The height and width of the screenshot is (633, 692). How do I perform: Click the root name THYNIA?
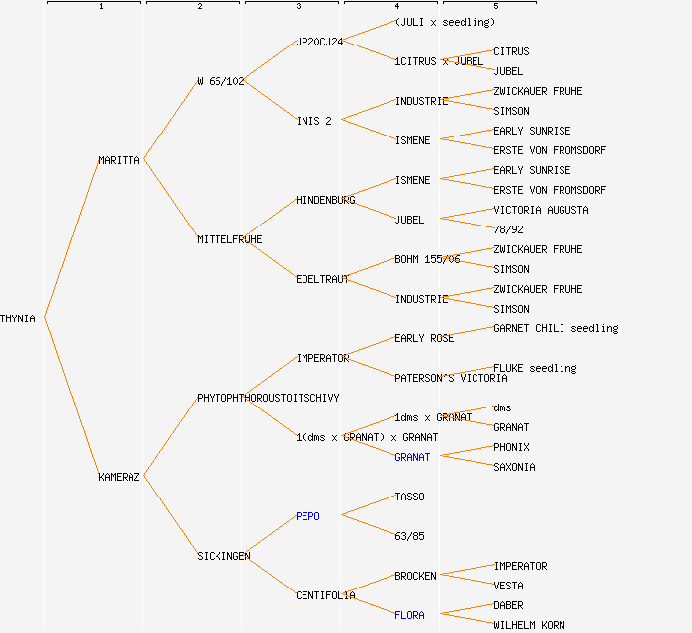(18, 318)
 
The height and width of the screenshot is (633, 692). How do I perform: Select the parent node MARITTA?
(119, 160)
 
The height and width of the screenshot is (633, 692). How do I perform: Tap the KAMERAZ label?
(119, 477)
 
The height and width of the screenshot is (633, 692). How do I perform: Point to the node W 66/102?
(220, 81)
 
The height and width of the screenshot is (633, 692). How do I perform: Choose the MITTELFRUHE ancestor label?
(229, 239)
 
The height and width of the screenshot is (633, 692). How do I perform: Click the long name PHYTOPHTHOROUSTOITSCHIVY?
(268, 398)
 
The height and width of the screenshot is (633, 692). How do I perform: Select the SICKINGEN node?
(223, 556)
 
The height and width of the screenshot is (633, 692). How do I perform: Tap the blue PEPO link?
(307, 516)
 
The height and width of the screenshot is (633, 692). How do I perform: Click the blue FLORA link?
(409, 615)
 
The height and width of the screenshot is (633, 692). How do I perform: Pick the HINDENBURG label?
(325, 200)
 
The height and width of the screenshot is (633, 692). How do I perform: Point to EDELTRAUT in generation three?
(322, 279)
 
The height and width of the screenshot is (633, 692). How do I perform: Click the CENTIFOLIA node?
(325, 595)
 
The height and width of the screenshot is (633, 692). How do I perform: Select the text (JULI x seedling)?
(445, 22)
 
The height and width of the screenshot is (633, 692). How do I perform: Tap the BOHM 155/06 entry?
(427, 259)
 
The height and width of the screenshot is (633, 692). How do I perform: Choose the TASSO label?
(409, 497)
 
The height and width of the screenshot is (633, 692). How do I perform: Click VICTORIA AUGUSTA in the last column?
(541, 210)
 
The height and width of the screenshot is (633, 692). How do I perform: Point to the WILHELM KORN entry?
(529, 625)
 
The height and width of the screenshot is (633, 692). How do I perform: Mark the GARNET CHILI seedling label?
(556, 328)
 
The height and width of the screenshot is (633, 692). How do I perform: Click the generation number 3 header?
(298, 7)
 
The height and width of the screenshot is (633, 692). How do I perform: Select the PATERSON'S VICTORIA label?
(451, 378)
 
